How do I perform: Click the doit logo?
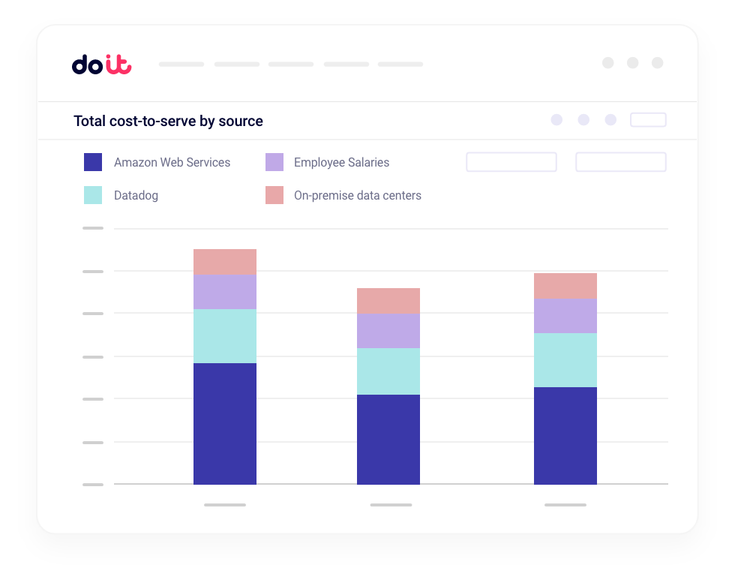click(x=101, y=65)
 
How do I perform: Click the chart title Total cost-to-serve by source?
click(x=168, y=121)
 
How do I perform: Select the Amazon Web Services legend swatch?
click(x=93, y=162)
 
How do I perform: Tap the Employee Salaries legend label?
click(x=341, y=162)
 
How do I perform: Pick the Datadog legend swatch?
click(x=93, y=195)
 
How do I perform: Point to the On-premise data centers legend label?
click(x=357, y=195)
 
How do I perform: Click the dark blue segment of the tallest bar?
click(x=225, y=424)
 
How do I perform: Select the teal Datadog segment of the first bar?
click(x=225, y=336)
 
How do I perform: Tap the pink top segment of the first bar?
click(x=225, y=262)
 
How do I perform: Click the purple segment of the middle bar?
click(x=388, y=331)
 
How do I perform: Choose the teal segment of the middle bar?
click(x=388, y=371)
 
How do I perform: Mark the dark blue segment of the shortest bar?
click(x=388, y=440)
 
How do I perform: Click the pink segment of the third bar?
click(x=565, y=286)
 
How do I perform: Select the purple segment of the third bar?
click(x=565, y=316)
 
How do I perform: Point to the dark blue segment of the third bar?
click(x=565, y=436)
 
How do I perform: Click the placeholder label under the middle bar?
click(x=391, y=505)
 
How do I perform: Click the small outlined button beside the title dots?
click(x=648, y=120)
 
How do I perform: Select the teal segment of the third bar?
click(x=565, y=360)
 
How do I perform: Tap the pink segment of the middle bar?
click(x=388, y=301)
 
